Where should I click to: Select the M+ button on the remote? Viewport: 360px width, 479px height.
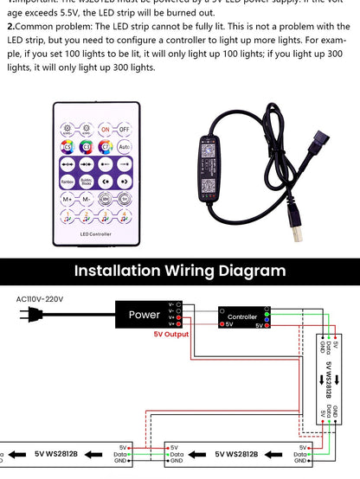click(x=67, y=198)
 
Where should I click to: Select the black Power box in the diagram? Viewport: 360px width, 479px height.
click(x=144, y=315)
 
